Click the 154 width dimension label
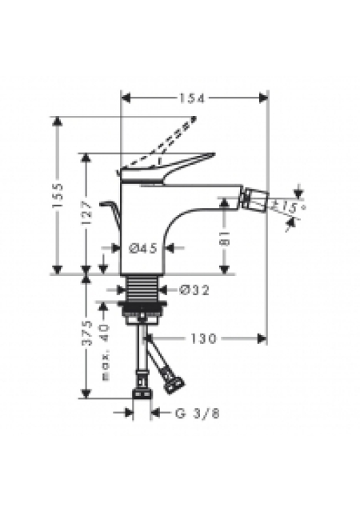[192, 98]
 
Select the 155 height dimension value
[58, 195]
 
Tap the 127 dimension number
[86, 213]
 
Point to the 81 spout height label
[224, 238]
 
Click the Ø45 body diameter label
[143, 249]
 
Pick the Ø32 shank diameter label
[194, 290]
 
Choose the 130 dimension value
[203, 338]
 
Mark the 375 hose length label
[86, 333]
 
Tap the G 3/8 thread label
[198, 414]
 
